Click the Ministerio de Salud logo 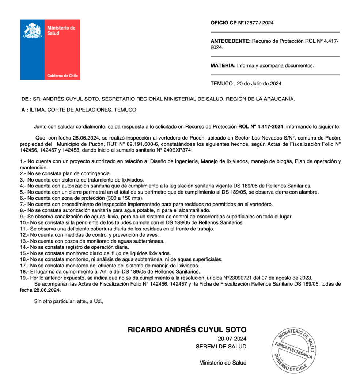point(50,50)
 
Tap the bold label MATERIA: point(223,66)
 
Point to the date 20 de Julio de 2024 point(259,83)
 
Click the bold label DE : point(26,99)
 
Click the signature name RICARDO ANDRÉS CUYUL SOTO point(187,330)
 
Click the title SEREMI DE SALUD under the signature point(221,347)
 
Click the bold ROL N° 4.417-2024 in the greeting point(261,127)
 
